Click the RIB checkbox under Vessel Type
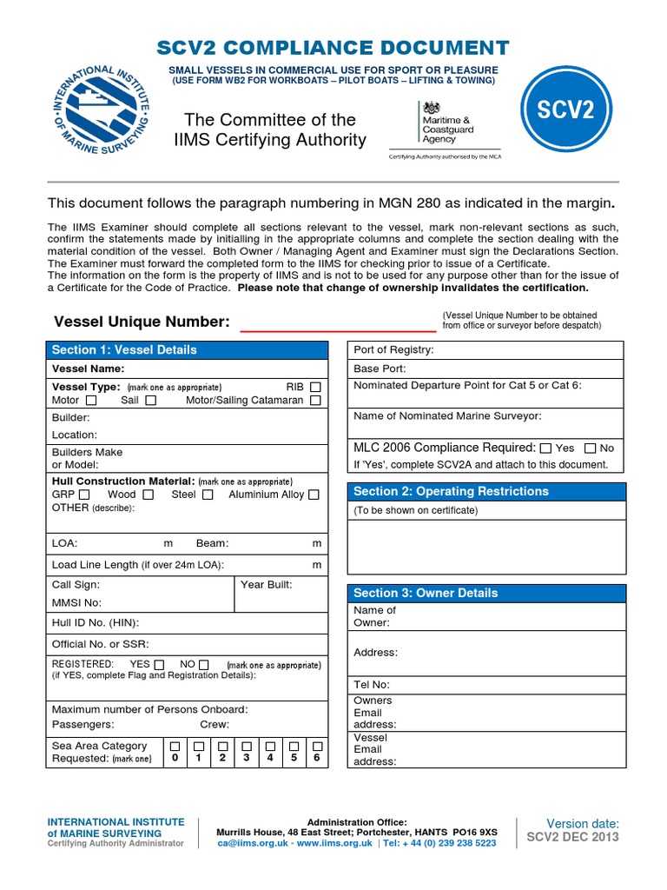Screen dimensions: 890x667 pos(315,387)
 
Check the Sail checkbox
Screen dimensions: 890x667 pos(151,401)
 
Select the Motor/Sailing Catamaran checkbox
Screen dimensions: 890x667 pos(315,401)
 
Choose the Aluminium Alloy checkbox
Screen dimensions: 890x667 pos(314,495)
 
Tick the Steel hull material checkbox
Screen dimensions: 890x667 pos(208,495)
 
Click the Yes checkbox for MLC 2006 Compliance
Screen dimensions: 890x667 pos(545,448)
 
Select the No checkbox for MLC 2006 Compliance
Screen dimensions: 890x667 pos(591,448)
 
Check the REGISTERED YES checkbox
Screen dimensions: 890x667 pos(159,665)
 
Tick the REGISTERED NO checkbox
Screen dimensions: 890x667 pos(207,665)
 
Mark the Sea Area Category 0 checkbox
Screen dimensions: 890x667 pos(175,747)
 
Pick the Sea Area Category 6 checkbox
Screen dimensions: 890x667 pos(318,747)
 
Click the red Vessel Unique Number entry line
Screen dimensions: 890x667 pos(337,331)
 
